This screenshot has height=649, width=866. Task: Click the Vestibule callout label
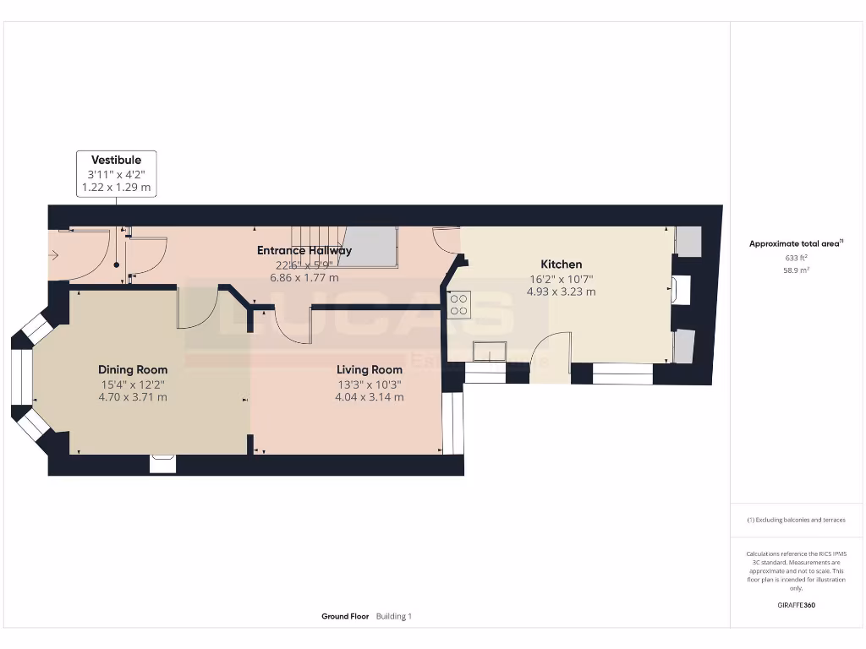pyautogui.click(x=117, y=160)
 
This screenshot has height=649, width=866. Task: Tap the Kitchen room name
pyautogui.click(x=562, y=265)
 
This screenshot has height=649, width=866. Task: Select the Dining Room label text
pyautogui.click(x=133, y=369)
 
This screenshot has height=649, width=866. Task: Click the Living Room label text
pyautogui.click(x=370, y=369)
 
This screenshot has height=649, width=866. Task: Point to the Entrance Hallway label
pyautogui.click(x=304, y=250)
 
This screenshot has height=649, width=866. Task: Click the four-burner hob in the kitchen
pyautogui.click(x=460, y=304)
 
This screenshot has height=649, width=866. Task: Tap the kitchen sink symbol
pyautogui.click(x=490, y=351)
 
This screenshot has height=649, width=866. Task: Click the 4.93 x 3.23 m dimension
pyautogui.click(x=562, y=292)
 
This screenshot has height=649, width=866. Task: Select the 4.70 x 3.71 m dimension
pyautogui.click(x=133, y=396)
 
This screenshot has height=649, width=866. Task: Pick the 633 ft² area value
pyautogui.click(x=795, y=258)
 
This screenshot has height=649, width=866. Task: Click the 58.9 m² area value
pyautogui.click(x=795, y=270)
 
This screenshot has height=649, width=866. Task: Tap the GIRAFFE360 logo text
pyautogui.click(x=796, y=605)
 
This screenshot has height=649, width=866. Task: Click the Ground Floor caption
pyautogui.click(x=345, y=617)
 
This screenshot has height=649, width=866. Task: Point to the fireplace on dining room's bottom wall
pyautogui.click(x=163, y=463)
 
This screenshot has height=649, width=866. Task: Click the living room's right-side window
pyautogui.click(x=453, y=422)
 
